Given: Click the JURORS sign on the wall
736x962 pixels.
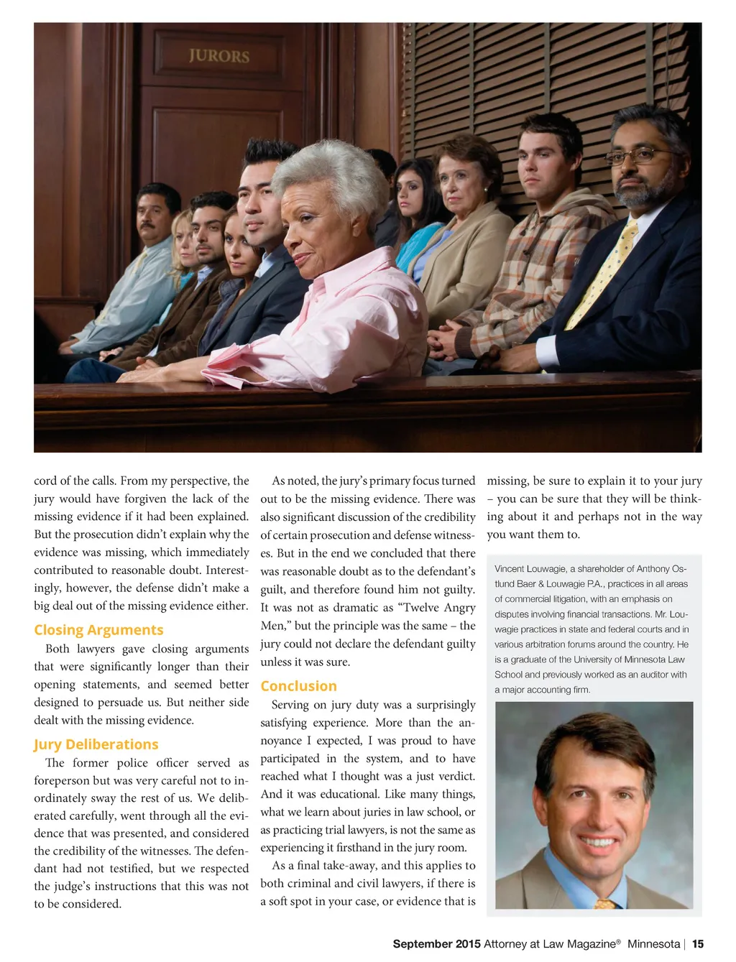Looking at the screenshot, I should [219, 56].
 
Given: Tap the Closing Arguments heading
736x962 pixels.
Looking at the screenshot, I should [98, 630].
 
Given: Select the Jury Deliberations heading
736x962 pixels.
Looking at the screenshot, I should [96, 744].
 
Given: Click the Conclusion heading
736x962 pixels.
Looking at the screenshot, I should [298, 686].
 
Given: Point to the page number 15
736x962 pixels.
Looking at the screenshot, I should [698, 944].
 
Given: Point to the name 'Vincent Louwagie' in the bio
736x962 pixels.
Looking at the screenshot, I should [530, 569].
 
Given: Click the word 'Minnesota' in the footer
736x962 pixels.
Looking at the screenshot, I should [653, 944].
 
